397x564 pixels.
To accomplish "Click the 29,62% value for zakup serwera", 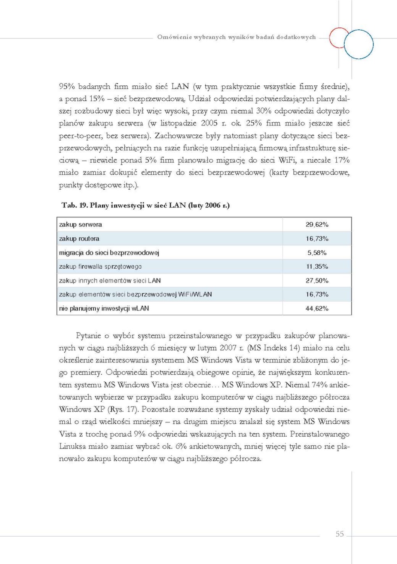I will pos(317,225).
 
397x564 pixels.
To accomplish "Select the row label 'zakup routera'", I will pos(79,239).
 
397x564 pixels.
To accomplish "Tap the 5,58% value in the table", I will pos(317,253).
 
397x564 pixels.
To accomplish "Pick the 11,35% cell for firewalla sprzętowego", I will pos(317,267).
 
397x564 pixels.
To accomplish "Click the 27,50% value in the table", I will pos(317,281).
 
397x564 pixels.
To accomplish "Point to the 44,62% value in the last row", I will pos(317,308).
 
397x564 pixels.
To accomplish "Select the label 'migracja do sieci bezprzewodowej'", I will pos(109,253).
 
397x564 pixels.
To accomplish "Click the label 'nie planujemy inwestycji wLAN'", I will pos(104,308).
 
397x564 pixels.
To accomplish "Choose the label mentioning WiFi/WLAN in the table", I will pos(135,295).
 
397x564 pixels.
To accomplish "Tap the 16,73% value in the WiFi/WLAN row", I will pos(317,295).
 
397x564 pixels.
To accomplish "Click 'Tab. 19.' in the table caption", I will pos(74,205).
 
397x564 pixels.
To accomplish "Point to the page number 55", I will pos(339,534).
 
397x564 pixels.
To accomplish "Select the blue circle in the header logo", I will pos(358,44).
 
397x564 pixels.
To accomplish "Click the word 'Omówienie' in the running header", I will pos(174,37).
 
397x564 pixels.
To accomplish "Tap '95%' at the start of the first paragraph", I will pos(67,87).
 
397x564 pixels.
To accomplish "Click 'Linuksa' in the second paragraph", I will pos(72,446).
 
